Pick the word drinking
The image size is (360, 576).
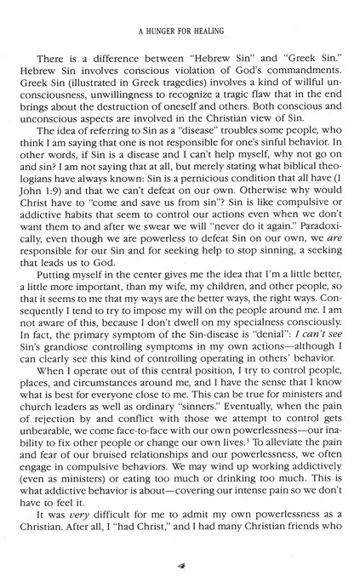tap(248, 493)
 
